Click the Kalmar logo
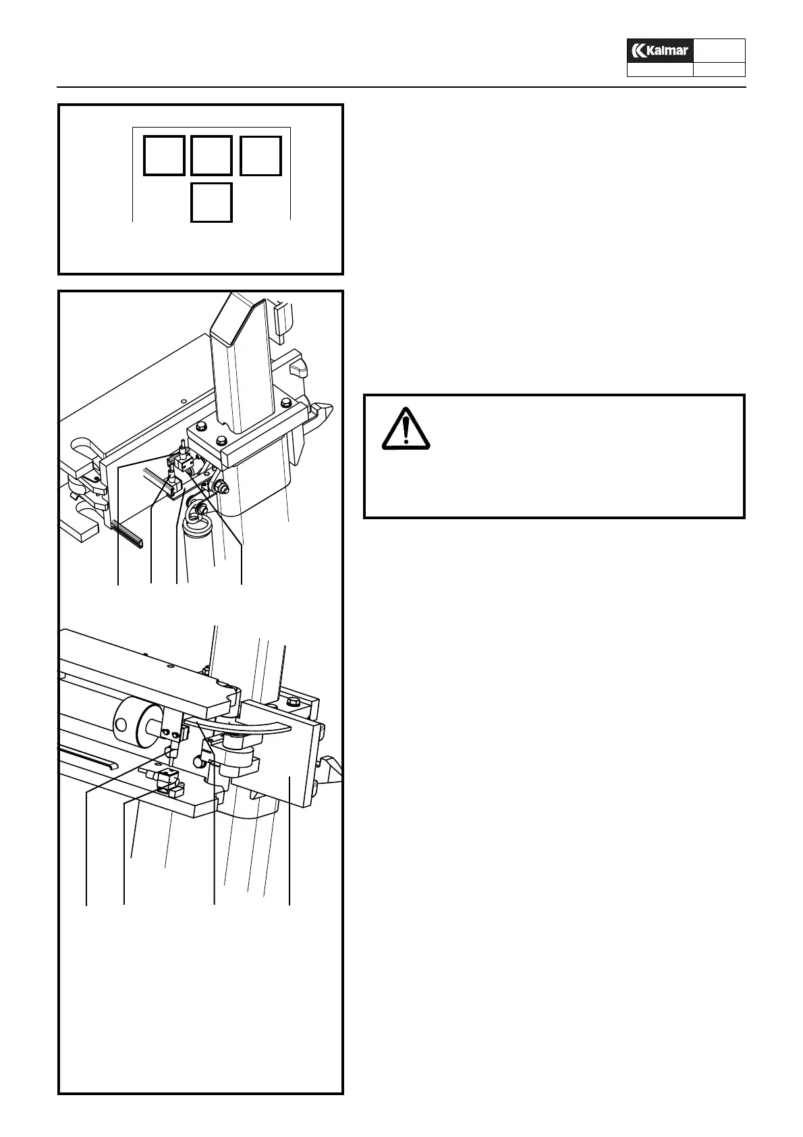[660, 51]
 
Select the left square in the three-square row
[164, 155]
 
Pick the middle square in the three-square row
[211, 155]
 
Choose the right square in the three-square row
[260, 155]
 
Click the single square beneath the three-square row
[211, 202]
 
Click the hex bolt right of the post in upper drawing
[285, 403]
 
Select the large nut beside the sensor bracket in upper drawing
[219, 486]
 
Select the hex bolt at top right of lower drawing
[292, 704]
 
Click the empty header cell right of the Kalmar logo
[719, 51]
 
